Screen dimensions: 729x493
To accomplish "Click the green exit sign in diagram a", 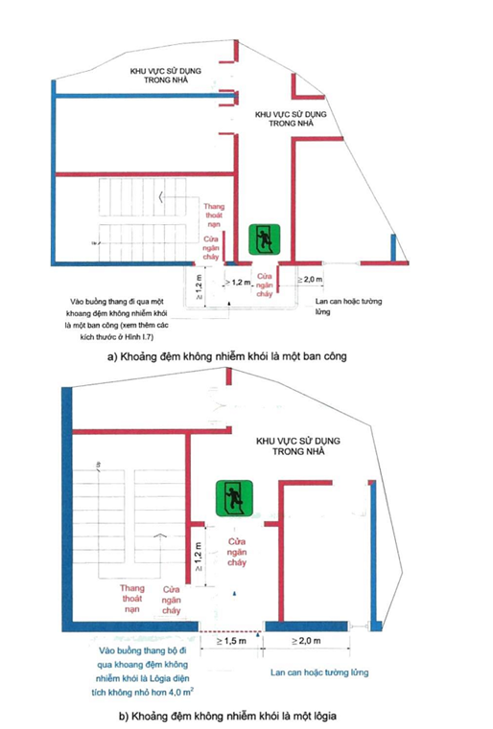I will [x=261, y=239].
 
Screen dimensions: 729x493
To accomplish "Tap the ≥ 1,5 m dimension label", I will [x=228, y=641].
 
